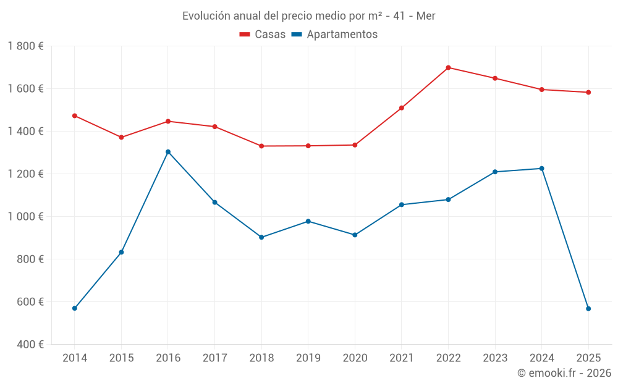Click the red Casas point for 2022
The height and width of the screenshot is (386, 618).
[x=448, y=68]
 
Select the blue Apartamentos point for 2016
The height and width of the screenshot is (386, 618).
[x=168, y=152]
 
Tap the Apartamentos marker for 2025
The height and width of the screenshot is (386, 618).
[x=588, y=309]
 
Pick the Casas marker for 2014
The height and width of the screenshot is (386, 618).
[x=75, y=115]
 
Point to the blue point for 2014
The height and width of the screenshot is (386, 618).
[x=75, y=308]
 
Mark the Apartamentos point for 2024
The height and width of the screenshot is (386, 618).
[x=542, y=169]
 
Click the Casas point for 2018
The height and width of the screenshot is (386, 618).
[x=261, y=146]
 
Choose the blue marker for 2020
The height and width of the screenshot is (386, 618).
[x=355, y=235]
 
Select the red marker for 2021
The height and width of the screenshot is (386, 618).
[x=402, y=108]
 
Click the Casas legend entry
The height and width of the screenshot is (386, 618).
[x=263, y=35]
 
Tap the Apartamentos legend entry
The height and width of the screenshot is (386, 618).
[x=334, y=35]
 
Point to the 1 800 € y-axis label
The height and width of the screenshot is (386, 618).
[x=26, y=46]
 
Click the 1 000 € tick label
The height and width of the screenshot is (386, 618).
[x=26, y=217]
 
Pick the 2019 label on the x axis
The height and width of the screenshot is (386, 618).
[x=308, y=358]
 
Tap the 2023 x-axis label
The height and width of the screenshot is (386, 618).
[x=495, y=358]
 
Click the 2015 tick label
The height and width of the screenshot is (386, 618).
[x=121, y=358]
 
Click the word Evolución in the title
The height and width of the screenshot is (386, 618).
[x=205, y=16]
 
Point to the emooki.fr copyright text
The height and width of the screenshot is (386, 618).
[x=564, y=373]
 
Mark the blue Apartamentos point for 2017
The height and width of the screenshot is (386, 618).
[x=214, y=203]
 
